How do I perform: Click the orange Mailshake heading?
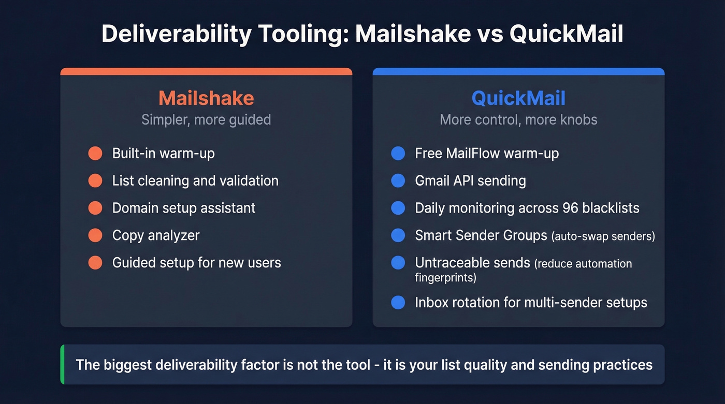click(206, 98)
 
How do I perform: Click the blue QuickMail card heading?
click(518, 98)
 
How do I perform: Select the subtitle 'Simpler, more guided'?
click(206, 120)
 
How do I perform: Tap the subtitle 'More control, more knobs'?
click(518, 120)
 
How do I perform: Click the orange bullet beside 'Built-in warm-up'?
click(95, 154)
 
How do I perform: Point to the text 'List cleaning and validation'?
click(195, 181)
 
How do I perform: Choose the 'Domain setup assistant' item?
click(184, 208)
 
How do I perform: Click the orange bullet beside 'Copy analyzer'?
click(95, 235)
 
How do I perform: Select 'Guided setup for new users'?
click(196, 262)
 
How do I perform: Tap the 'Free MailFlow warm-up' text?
click(487, 154)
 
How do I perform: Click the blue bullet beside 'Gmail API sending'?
click(398, 181)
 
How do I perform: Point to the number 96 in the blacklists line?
click(571, 208)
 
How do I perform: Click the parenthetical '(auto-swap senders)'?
click(603, 236)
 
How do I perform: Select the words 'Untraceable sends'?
click(472, 263)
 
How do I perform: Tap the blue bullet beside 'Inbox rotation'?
click(398, 303)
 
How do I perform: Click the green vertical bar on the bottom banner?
click(62, 365)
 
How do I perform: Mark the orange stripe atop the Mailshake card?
click(206, 71)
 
